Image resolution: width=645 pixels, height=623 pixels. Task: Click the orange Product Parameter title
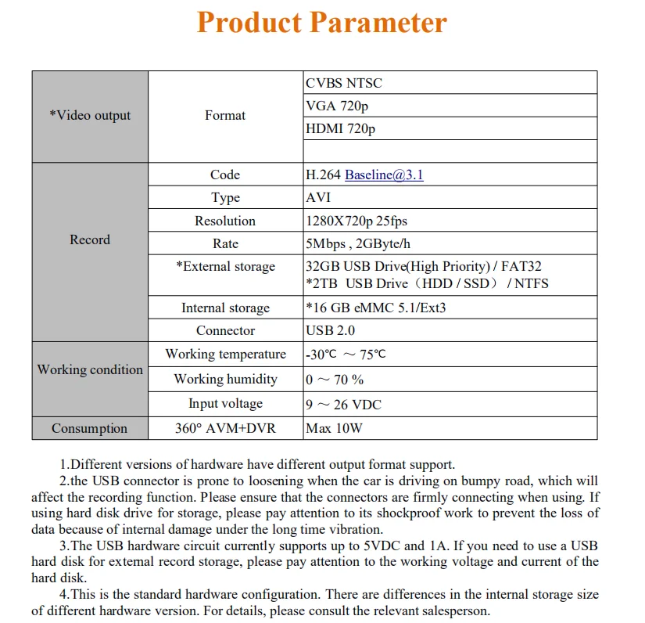coord(322,22)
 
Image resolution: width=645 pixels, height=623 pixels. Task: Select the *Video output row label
coord(90,116)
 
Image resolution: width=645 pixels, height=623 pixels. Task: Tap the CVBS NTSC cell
coord(344,83)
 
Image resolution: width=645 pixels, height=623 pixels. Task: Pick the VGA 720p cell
coord(338,106)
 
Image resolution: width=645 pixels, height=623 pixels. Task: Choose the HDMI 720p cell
coord(341,128)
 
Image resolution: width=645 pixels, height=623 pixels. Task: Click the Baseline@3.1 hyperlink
coord(384,175)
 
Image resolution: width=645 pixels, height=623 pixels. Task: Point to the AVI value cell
coord(318,197)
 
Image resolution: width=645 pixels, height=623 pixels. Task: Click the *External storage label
coord(225,267)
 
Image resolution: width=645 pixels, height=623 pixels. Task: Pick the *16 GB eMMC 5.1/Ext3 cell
coord(375,308)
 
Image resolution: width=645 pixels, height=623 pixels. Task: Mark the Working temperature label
coord(225,354)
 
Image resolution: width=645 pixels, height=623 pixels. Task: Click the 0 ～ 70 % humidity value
coord(335,380)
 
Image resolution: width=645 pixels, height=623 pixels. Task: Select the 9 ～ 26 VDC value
coord(343,405)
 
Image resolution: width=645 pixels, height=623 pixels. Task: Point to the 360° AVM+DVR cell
coord(225,428)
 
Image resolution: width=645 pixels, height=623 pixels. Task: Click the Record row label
coord(90,239)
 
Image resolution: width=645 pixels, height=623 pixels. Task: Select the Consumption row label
coord(89,428)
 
